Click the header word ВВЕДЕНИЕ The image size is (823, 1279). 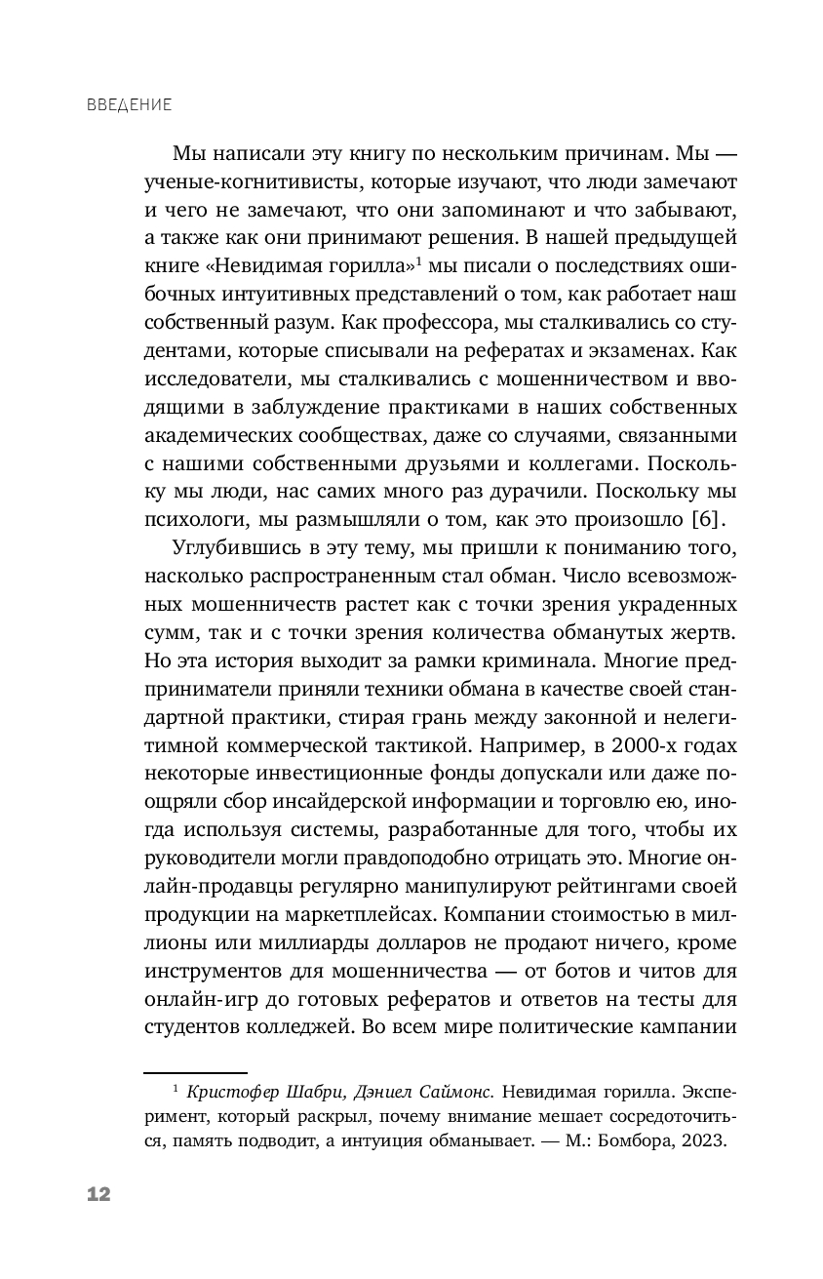(x=129, y=103)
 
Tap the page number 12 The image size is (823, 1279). (x=98, y=1194)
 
